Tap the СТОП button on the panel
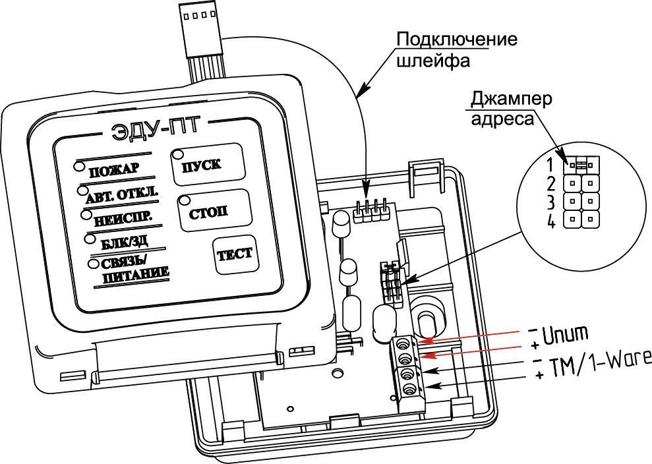(x=207, y=212)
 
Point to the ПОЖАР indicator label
(x=113, y=169)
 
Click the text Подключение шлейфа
(x=456, y=49)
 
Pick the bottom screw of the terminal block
(x=408, y=390)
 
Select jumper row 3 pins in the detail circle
(x=581, y=200)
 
